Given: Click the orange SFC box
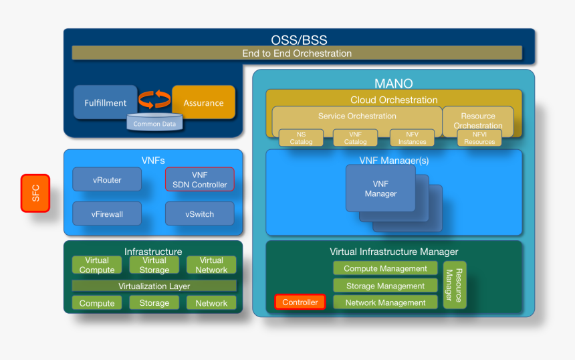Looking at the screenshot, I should tap(35, 193).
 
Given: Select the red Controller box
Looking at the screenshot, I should tap(300, 302).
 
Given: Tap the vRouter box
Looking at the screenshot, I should tap(107, 180).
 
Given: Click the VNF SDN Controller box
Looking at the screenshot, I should tap(200, 179).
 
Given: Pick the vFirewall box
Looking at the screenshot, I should tap(107, 214).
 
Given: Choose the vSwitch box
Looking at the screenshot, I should tap(200, 214).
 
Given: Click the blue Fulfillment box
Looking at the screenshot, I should tap(105, 102).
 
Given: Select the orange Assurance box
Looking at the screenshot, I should tap(203, 102).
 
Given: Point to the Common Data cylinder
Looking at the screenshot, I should tap(155, 123).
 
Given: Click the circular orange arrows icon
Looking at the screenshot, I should tap(154, 100).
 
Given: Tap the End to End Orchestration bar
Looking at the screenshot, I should tap(297, 54).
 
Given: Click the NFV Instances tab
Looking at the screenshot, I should tap(412, 138).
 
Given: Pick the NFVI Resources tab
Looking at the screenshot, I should tap(479, 138).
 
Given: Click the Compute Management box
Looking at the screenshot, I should tap(386, 268).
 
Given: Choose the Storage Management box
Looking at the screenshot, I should tap(386, 286).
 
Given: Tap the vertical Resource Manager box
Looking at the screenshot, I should tap(455, 285).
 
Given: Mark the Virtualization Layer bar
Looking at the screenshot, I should tap(154, 286).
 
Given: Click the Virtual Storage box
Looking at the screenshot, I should tap(154, 265).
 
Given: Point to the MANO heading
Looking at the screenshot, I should tap(393, 84).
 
